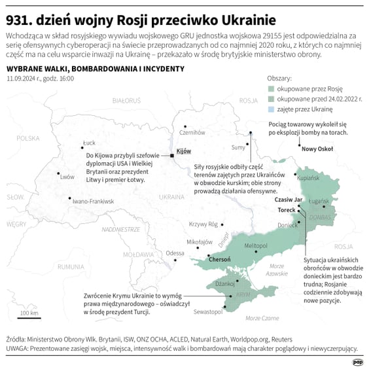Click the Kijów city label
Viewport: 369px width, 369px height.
click(x=184, y=151)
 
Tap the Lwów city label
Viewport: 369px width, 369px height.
click(x=67, y=177)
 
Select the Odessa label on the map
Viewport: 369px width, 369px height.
click(x=175, y=253)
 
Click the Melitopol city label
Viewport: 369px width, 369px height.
click(x=256, y=245)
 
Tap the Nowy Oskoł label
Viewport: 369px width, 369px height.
click(x=317, y=149)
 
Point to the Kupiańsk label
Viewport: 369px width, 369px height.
click(x=308, y=177)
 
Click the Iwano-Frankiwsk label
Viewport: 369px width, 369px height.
click(x=93, y=201)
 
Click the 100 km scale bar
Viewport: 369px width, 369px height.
click(x=28, y=317)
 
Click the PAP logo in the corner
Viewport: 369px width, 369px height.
click(x=357, y=361)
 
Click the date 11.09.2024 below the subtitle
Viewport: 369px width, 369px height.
click(x=24, y=79)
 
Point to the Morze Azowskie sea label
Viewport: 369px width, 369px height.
click(x=277, y=270)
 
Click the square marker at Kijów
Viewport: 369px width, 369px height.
click(x=172, y=156)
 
